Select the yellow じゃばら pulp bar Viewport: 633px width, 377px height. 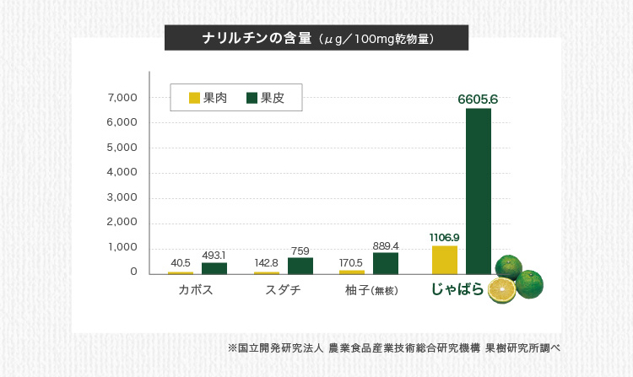point(444,260)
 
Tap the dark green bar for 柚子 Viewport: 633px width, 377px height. point(385,263)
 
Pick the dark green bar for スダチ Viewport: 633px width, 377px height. point(300,266)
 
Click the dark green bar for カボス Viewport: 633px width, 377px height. point(214,268)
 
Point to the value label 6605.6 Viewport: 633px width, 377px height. point(478,100)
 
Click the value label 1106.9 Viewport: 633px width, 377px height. point(444,237)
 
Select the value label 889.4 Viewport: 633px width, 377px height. point(385,245)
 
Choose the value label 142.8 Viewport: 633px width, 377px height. point(267,263)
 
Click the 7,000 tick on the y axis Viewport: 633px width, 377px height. point(122,98)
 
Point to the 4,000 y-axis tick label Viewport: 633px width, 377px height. point(122,172)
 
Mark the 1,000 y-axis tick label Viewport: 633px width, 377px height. point(122,247)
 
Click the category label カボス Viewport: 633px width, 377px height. point(195,290)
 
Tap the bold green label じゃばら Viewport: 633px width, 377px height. point(457,289)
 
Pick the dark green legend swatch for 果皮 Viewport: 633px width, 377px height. point(252,99)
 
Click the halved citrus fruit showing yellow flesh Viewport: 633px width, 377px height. point(502,291)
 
